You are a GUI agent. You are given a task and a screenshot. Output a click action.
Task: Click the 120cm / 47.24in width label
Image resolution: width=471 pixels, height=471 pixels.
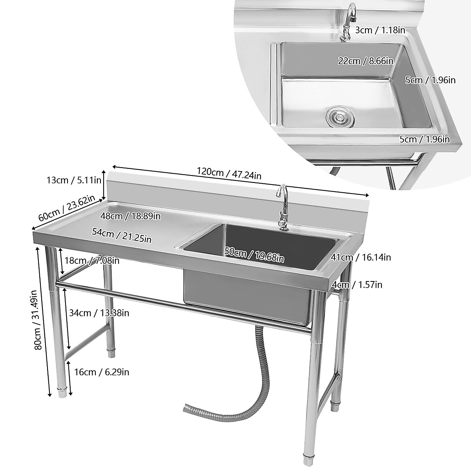coord(229,173)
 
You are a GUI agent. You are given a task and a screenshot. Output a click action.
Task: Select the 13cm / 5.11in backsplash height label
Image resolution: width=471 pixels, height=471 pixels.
coord(74,180)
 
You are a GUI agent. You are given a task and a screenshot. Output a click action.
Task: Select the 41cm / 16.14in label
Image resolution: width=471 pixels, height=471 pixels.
coord(360,257)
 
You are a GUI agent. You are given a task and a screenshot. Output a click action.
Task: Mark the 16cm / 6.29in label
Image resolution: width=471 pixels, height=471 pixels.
coord(101,372)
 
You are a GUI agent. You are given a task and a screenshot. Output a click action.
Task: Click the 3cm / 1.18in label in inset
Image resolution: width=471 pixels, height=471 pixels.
coord(380,30)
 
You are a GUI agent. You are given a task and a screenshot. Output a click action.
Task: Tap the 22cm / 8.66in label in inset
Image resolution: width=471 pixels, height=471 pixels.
coord(366,61)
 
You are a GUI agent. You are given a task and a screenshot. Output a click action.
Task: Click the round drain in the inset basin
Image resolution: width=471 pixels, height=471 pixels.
coord(340,117)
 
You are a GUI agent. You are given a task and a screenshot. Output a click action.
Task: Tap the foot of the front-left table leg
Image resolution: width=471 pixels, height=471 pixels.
coord(62,392)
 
